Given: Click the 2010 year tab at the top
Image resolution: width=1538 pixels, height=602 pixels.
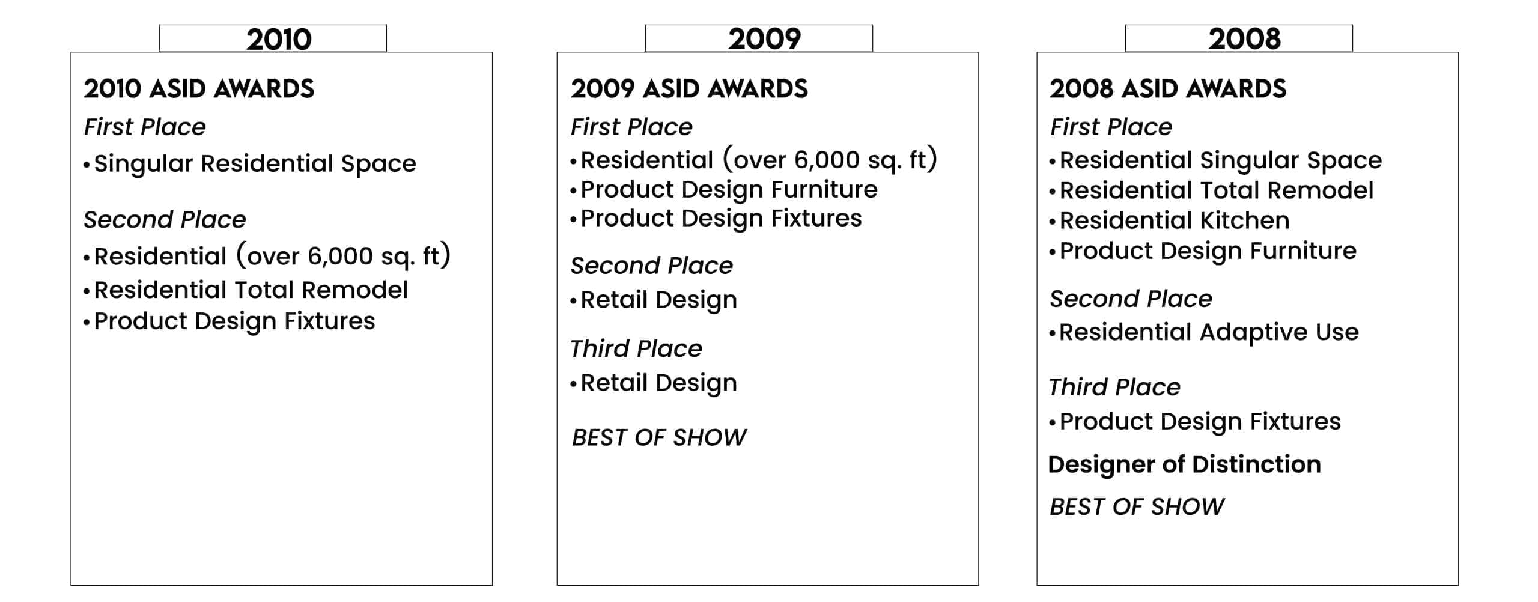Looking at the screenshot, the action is click(x=273, y=38).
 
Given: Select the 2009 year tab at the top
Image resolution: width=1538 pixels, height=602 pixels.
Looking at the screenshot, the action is click(x=759, y=38).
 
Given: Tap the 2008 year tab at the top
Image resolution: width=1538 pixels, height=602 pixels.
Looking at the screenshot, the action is click(x=1239, y=38).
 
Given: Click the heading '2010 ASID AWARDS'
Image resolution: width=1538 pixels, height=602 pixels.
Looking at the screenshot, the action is click(x=199, y=89).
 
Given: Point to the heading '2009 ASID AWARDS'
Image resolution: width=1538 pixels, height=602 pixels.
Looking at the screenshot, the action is click(x=689, y=89).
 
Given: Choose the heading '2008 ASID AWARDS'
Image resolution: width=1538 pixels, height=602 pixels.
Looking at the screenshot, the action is click(x=1168, y=89).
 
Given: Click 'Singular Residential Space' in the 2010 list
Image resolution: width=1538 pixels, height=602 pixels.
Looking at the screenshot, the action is click(x=255, y=164).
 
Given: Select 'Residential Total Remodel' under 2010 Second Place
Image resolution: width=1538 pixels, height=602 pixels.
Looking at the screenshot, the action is click(x=251, y=290).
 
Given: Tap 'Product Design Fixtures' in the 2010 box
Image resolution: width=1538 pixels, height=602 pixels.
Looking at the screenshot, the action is click(x=235, y=321).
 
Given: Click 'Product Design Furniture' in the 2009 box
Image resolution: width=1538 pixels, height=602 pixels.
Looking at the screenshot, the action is click(x=729, y=190).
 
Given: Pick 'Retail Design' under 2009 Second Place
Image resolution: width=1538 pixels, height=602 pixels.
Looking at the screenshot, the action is click(x=659, y=300).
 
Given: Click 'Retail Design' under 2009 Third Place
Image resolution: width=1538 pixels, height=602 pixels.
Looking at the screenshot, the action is click(x=659, y=383).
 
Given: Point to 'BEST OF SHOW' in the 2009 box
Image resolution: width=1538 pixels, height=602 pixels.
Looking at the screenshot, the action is click(x=659, y=437).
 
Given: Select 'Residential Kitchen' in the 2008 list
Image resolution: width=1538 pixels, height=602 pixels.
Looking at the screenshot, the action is click(x=1175, y=220).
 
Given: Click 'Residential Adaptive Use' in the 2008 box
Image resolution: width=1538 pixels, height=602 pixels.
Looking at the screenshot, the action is click(x=1209, y=332).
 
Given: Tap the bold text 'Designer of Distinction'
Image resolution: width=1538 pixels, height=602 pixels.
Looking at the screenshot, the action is click(x=1184, y=464).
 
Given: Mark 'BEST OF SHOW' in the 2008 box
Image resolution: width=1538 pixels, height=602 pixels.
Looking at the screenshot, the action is click(x=1137, y=507).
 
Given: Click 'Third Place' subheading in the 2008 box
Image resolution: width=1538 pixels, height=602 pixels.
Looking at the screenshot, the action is click(x=1114, y=387).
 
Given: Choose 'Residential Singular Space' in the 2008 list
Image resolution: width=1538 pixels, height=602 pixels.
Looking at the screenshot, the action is click(x=1221, y=161).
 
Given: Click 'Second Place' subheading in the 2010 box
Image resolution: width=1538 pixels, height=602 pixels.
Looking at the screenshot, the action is click(x=165, y=220).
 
